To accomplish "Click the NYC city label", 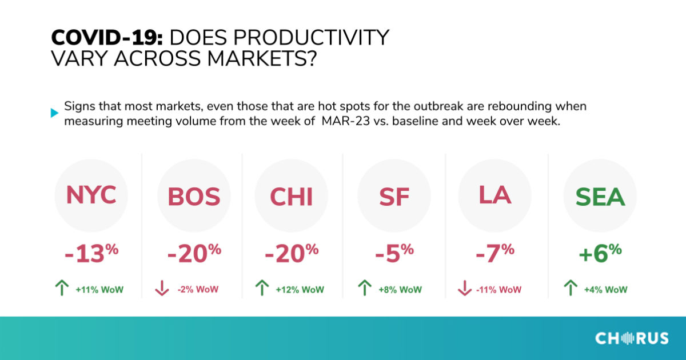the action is [91, 195].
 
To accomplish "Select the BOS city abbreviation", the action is [194, 196].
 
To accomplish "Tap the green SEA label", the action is [600, 197].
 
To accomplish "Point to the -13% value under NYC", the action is [91, 253].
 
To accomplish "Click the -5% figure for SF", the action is [394, 253].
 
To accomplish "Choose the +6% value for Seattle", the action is [600, 253].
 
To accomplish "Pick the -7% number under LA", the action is [495, 253].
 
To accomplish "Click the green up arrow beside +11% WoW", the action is [62, 288].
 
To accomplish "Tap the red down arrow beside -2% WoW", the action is [162, 288].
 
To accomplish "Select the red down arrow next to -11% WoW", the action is [465, 288].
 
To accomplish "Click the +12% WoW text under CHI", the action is [300, 290].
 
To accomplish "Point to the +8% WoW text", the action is [400, 290].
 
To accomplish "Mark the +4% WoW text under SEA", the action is [605, 290].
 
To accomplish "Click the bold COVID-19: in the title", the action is [107, 38].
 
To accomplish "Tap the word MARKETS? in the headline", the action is [262, 58].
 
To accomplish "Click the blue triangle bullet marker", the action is [54, 113].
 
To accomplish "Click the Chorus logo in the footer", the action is [632, 338].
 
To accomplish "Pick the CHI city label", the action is [291, 197].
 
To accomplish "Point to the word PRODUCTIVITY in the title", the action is [280, 38].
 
